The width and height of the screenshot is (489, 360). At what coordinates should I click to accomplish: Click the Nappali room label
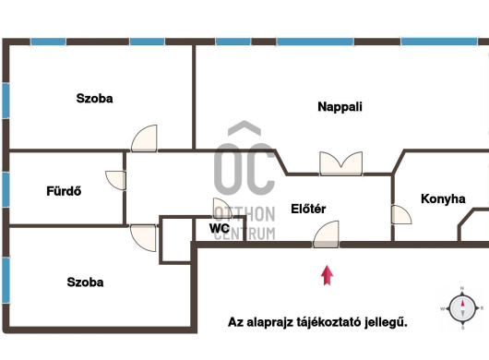(x=340, y=107)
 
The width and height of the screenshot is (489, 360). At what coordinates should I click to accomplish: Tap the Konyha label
(x=442, y=198)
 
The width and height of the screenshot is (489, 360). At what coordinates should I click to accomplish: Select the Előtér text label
(x=308, y=210)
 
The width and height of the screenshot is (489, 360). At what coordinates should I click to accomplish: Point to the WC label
(x=219, y=228)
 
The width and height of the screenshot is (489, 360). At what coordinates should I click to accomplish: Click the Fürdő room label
(x=64, y=192)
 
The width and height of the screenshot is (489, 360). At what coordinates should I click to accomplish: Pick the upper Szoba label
(x=94, y=98)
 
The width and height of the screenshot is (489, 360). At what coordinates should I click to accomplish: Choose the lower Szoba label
(x=85, y=282)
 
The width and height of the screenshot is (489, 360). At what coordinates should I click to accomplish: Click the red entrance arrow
(x=326, y=274)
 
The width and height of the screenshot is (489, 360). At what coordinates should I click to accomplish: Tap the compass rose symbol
(x=461, y=307)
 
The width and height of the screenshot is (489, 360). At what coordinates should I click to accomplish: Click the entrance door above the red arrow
(x=327, y=235)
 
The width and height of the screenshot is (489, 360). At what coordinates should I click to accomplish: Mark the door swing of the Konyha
(x=400, y=216)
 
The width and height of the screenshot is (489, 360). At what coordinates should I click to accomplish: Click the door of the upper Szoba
(x=145, y=138)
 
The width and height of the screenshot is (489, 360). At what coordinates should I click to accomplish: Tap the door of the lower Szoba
(x=144, y=236)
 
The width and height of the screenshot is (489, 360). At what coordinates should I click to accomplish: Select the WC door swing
(x=222, y=210)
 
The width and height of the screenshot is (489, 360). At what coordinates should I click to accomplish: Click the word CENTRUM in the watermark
(x=244, y=234)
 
